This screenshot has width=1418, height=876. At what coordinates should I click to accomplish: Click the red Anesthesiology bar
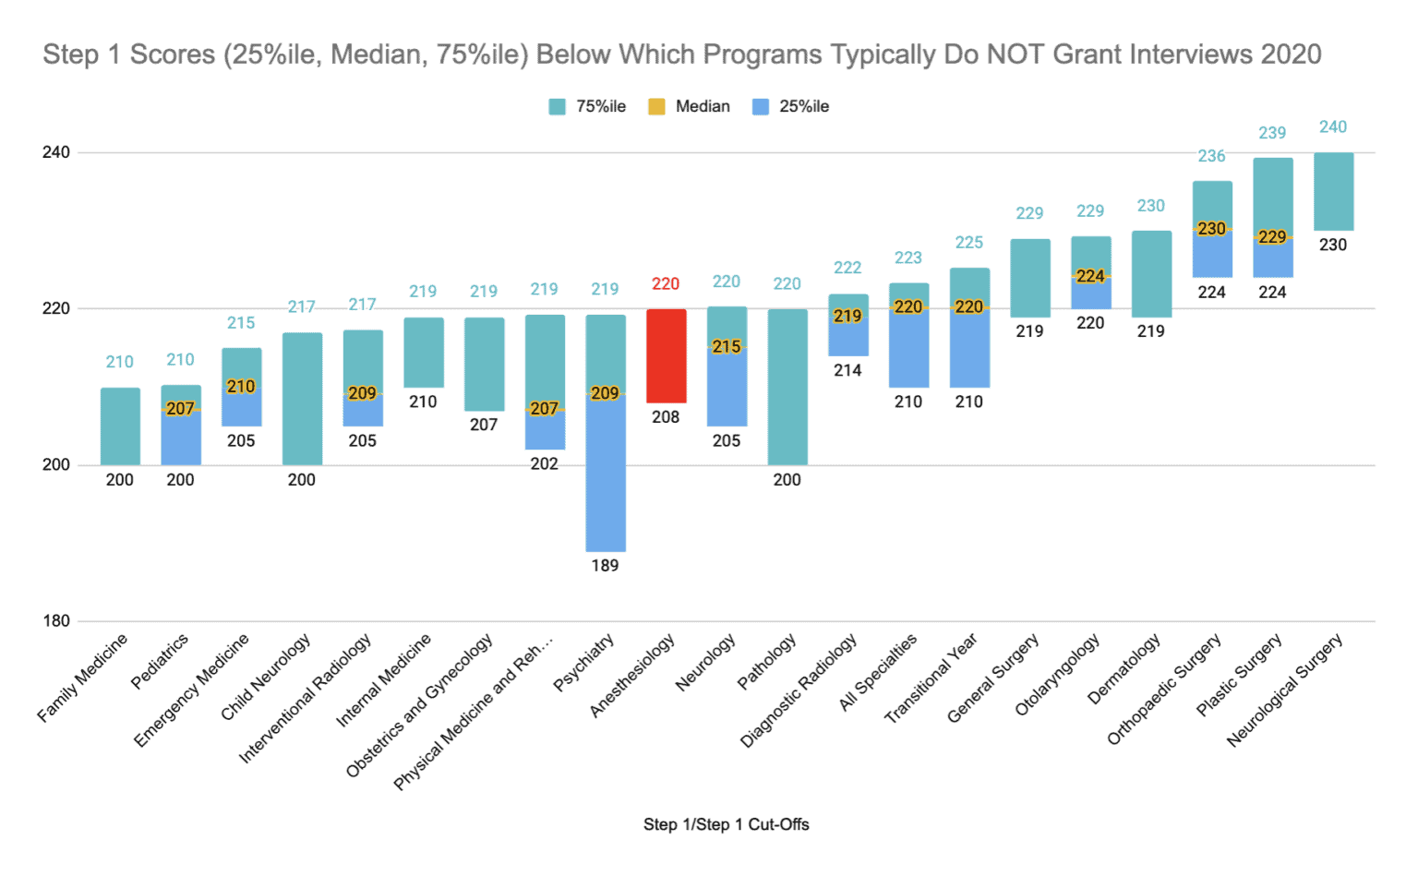tap(666, 355)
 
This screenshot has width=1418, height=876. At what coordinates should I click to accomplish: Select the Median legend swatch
tap(656, 107)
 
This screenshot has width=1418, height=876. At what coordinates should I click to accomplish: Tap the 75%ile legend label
tap(601, 107)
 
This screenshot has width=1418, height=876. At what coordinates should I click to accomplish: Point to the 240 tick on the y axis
tap(55, 152)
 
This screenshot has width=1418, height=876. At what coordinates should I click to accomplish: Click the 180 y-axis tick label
tap(55, 621)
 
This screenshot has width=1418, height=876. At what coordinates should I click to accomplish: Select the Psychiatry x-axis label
tap(583, 663)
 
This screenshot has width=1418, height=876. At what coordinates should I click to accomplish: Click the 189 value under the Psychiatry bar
tap(605, 566)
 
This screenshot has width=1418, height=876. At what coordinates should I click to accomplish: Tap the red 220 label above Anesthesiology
tap(666, 284)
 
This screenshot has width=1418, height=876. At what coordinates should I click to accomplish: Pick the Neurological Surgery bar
tap(1333, 191)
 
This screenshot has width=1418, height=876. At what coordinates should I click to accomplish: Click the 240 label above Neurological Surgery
tap(1333, 127)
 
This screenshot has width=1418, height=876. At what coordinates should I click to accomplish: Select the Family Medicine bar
tap(120, 426)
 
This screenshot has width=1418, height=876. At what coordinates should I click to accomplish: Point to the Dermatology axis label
tap(1124, 669)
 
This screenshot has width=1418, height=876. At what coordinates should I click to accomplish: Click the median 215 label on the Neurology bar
tap(727, 347)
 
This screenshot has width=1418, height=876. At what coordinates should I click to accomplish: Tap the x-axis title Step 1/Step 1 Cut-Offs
tap(726, 824)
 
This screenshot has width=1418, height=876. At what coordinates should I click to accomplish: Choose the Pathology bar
tap(787, 387)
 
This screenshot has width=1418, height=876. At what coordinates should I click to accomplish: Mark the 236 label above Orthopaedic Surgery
tap(1212, 157)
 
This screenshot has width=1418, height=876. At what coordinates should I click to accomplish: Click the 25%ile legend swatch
tap(761, 107)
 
